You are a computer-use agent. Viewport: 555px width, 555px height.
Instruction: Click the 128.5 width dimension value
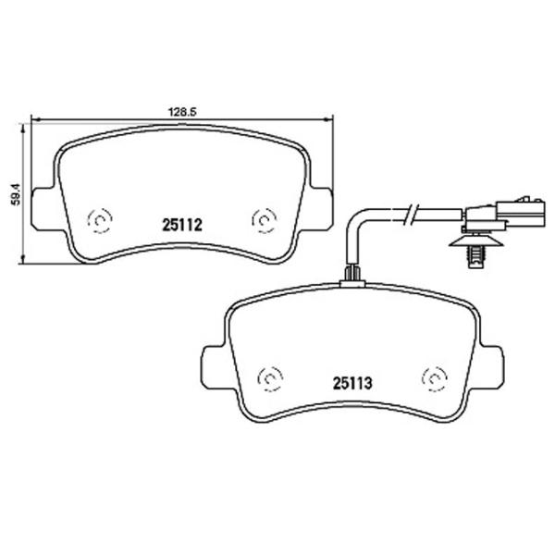coord(182,112)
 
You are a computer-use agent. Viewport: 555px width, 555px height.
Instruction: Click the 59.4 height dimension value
coord(17,194)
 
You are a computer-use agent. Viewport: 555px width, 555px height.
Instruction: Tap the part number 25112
coord(182,225)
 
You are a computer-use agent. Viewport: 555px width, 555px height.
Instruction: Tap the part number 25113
coord(352,383)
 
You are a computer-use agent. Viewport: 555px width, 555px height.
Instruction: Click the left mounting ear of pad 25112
coord(43,208)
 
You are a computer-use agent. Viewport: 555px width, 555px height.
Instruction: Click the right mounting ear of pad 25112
coord(321,208)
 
